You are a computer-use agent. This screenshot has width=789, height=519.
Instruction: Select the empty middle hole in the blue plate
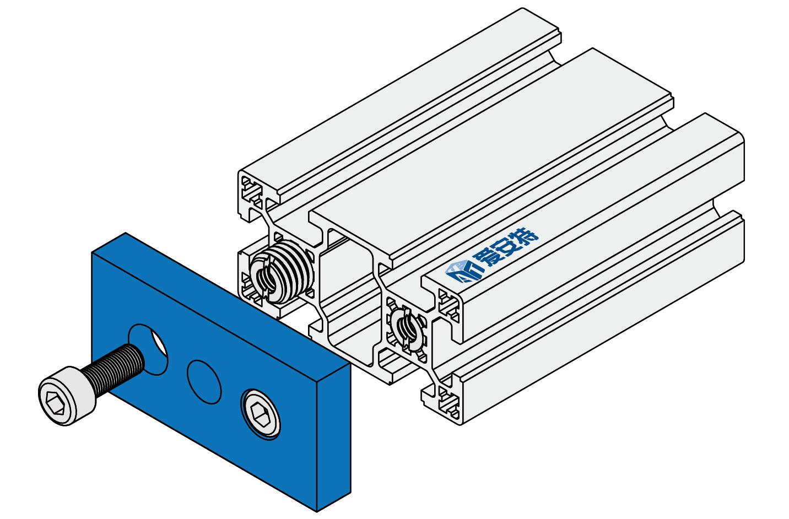pos(204,382)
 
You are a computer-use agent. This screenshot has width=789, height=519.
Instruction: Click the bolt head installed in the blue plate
pos(261,414)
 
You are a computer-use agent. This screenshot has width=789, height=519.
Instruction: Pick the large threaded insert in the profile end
pos(282,272)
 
